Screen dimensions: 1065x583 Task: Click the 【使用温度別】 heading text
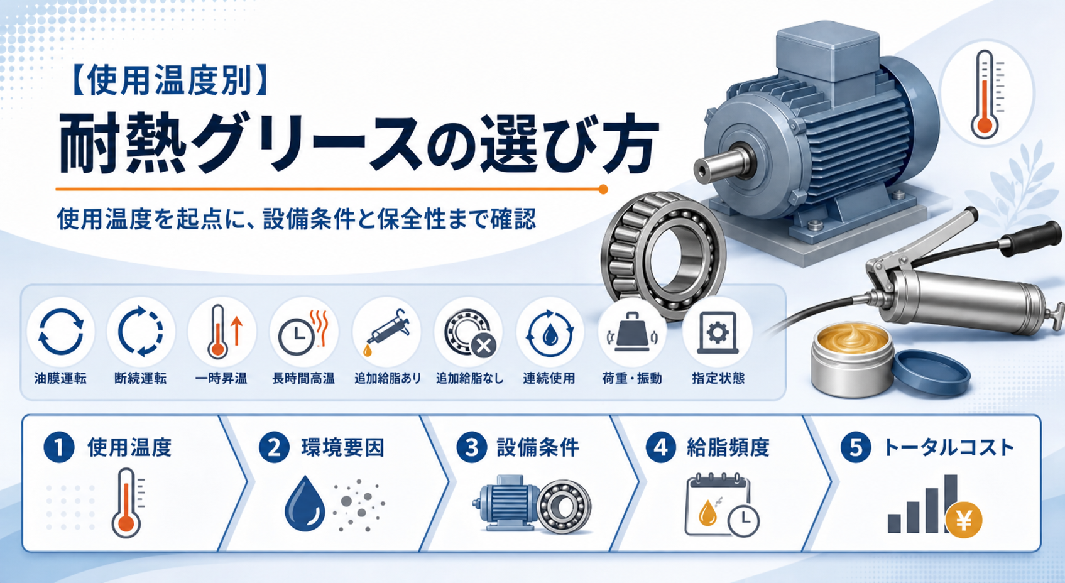(170, 81)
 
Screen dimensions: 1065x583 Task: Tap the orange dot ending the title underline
(603, 189)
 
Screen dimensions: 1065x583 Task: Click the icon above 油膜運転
(60, 332)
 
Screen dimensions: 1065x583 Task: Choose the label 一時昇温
(221, 379)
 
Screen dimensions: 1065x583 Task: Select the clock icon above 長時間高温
(296, 337)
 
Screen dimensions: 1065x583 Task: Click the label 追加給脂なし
(470, 379)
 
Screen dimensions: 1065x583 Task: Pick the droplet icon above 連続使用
(550, 334)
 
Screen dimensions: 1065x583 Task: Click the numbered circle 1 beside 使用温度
(59, 447)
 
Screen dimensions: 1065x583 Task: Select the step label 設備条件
(538, 447)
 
